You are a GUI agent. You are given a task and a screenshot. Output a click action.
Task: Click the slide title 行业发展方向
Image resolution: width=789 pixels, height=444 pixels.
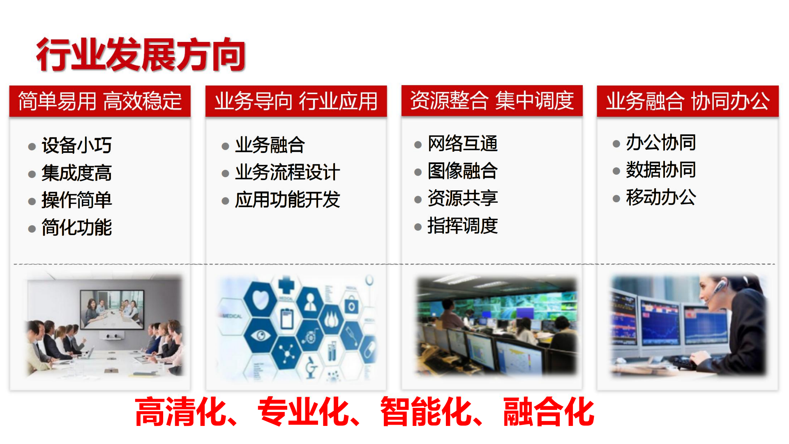(141, 55)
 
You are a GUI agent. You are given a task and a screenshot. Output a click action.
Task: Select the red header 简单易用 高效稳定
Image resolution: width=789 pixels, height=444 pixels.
(100, 101)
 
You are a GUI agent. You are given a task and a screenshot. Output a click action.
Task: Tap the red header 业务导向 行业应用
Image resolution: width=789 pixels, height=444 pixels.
(296, 101)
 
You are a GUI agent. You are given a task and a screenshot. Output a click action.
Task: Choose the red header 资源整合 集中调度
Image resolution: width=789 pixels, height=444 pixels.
(492, 101)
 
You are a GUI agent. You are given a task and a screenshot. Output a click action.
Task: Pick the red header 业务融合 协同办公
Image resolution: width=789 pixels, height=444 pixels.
(687, 101)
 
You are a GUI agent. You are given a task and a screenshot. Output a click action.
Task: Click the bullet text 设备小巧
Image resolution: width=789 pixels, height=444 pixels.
(76, 145)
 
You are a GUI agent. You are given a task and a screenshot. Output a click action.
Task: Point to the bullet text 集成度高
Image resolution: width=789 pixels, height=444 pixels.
(76, 173)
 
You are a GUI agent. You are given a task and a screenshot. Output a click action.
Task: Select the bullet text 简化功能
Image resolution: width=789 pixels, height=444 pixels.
(76, 227)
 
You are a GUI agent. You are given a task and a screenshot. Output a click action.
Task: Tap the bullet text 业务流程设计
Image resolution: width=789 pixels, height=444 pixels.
(287, 172)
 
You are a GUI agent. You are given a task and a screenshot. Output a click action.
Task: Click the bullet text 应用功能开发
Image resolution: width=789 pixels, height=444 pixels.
(287, 199)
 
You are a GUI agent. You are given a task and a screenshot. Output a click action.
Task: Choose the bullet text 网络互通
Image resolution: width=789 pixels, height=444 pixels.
(462, 143)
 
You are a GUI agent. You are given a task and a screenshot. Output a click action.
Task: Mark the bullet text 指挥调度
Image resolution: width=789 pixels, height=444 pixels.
(462, 225)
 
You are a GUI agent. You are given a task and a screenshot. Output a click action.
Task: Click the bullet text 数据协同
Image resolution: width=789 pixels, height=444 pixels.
(661, 169)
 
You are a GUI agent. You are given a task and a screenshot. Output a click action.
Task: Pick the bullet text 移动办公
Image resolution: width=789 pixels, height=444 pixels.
(661, 197)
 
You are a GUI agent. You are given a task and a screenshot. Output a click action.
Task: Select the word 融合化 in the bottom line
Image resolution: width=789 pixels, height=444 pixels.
(549, 412)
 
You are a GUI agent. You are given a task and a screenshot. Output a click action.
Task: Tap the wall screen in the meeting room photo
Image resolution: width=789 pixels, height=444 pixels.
(112, 310)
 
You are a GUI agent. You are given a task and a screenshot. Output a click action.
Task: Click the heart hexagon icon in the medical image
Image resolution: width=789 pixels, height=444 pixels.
(260, 299)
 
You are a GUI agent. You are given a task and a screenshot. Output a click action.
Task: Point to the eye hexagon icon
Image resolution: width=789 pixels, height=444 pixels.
(260, 335)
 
